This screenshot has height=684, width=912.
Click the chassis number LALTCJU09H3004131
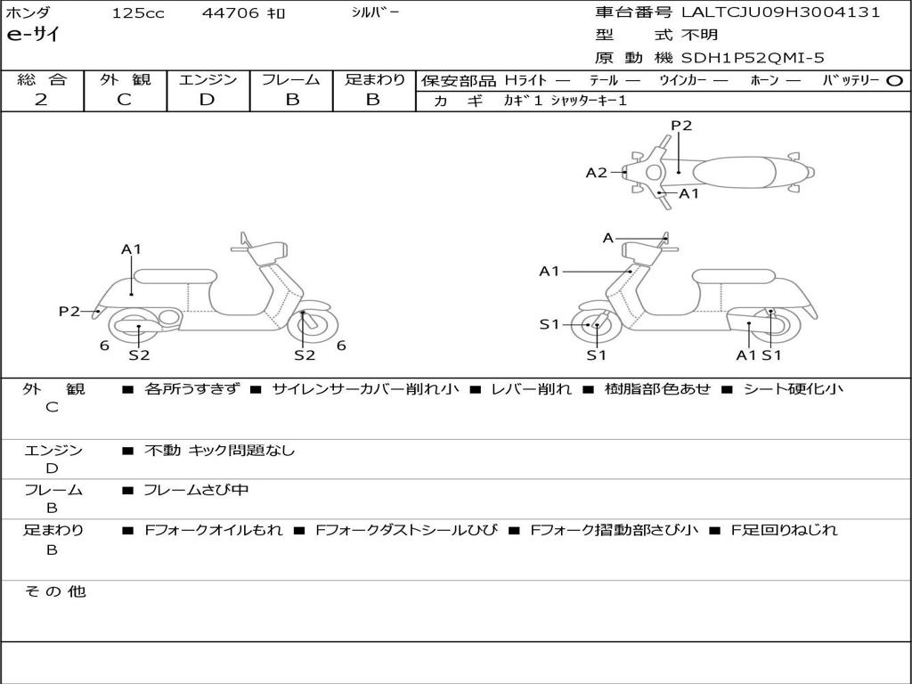click(780, 12)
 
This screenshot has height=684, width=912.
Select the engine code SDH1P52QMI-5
click(753, 58)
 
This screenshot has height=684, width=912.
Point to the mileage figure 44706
click(231, 13)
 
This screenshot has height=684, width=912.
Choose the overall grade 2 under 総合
click(42, 100)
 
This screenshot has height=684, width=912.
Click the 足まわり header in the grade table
click(374, 80)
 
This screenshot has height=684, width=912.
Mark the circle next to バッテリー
click(894, 80)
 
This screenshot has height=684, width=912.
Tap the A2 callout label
click(596, 173)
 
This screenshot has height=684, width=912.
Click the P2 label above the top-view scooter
click(681, 126)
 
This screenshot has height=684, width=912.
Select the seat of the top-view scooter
click(739, 171)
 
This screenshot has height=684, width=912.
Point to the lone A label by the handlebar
click(607, 238)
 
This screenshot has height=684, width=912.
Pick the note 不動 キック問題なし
click(219, 451)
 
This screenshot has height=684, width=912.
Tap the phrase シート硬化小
click(793, 389)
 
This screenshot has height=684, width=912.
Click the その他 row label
click(54, 590)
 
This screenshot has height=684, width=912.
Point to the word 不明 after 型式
click(700, 36)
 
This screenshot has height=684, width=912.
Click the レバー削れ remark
click(532, 389)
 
